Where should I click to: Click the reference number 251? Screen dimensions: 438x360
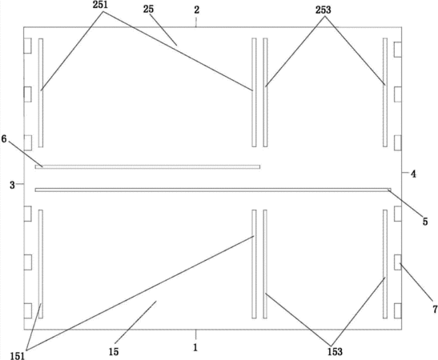(100, 6)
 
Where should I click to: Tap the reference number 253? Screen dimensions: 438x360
(323, 10)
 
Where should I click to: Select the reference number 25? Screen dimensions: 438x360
(148, 10)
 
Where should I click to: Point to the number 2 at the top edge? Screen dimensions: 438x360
(197, 10)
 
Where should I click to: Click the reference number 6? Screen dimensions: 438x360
(4, 138)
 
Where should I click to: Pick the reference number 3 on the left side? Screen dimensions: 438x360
(12, 185)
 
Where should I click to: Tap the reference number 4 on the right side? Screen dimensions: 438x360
(413, 174)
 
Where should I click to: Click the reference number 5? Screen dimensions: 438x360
(425, 222)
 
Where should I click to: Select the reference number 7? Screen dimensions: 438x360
(436, 310)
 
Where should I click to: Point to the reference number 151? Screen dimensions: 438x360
(18, 356)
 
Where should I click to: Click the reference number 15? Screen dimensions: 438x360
(114, 352)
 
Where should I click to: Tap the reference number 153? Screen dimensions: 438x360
(335, 352)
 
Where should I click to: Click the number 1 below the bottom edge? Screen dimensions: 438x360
(195, 347)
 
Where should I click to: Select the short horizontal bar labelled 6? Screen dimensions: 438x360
(147, 167)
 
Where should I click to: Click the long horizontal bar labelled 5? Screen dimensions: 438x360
(213, 190)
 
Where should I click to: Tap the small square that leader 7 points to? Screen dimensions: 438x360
(398, 262)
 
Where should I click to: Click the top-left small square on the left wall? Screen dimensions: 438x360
(28, 46)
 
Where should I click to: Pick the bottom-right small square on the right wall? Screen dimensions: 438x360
(398, 310)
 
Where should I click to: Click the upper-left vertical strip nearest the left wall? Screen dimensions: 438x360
(41, 93)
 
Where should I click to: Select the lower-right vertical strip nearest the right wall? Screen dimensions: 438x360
(385, 264)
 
